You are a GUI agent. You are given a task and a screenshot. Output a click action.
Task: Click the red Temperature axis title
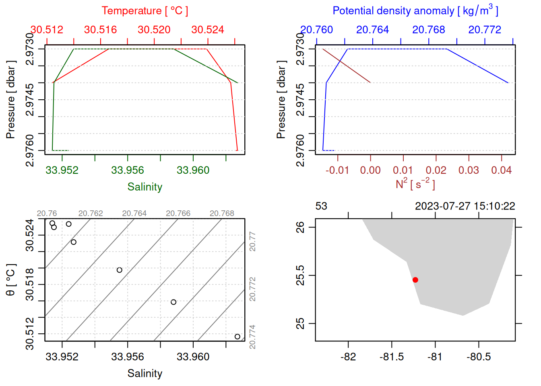click(x=145, y=11)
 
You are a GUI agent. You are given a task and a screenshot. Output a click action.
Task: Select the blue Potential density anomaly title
click(x=415, y=11)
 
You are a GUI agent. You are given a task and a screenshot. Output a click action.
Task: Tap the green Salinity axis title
click(x=145, y=187)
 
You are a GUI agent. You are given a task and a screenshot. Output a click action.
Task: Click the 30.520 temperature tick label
click(x=154, y=30)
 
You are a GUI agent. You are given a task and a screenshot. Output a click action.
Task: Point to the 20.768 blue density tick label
click(x=429, y=30)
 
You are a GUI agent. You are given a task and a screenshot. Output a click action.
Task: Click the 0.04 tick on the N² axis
click(x=501, y=170)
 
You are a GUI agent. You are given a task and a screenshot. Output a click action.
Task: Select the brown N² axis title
click(x=415, y=184)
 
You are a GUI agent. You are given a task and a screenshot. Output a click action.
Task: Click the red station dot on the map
click(x=415, y=280)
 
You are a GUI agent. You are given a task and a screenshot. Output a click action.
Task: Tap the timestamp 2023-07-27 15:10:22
click(x=465, y=206)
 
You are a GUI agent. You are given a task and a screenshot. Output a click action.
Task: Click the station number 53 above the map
click(x=321, y=206)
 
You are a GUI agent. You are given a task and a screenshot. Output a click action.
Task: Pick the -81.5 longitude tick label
click(x=392, y=357)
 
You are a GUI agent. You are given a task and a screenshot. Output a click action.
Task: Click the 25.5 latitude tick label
click(x=301, y=275)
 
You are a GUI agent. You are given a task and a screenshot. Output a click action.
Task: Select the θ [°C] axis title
click(x=10, y=280)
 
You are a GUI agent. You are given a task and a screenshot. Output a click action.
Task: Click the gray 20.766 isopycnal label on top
click(x=178, y=214)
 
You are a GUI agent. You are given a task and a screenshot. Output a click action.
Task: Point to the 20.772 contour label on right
click(x=252, y=289)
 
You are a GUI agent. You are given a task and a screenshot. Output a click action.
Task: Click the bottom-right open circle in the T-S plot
click(x=237, y=337)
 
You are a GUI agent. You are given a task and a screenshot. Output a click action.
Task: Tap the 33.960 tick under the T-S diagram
click(x=193, y=357)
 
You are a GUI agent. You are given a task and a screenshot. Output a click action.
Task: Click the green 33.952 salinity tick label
click(x=62, y=170)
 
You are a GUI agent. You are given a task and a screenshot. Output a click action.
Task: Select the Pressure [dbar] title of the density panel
click(x=281, y=100)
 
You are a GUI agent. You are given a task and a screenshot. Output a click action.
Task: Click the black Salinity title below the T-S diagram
click(x=145, y=374)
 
